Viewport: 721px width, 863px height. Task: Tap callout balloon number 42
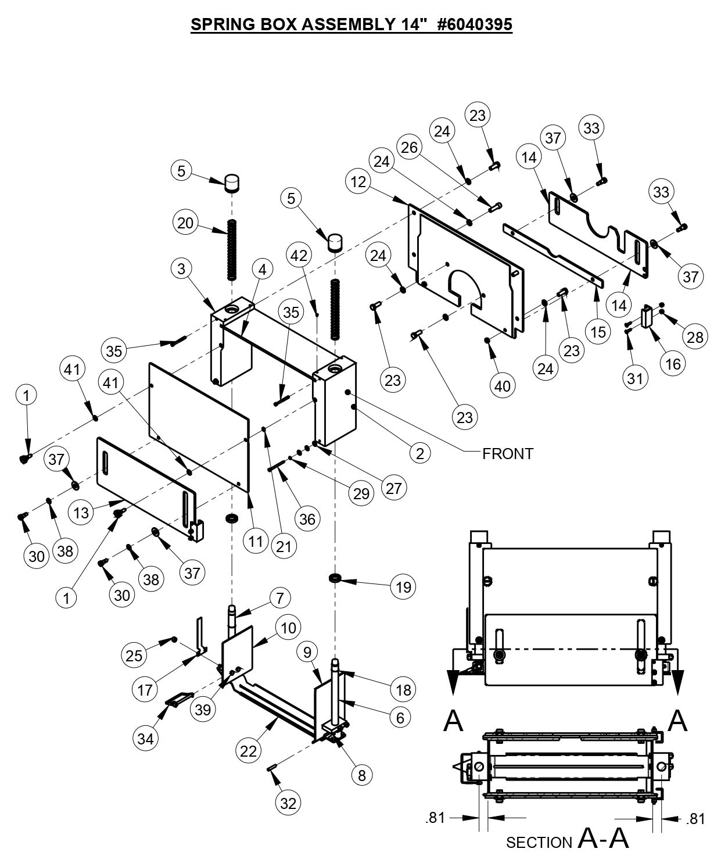coord(300,255)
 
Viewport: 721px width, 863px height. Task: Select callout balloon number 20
coord(185,223)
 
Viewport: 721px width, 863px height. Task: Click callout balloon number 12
coord(358,182)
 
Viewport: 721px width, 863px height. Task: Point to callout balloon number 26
coord(409,148)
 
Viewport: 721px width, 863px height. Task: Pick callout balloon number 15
coord(598,332)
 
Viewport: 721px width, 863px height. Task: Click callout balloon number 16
coord(673,364)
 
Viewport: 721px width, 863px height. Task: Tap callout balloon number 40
coord(503,386)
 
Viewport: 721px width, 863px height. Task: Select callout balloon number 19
coord(403,587)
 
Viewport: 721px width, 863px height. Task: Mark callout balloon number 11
coord(256,542)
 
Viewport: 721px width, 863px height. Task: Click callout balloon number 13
coord(82,513)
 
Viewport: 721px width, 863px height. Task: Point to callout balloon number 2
coord(420,453)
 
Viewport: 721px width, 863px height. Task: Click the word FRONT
coord(507,453)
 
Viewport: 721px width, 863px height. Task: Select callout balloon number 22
coord(248,751)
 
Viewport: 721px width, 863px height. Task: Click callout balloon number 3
coord(182,268)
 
